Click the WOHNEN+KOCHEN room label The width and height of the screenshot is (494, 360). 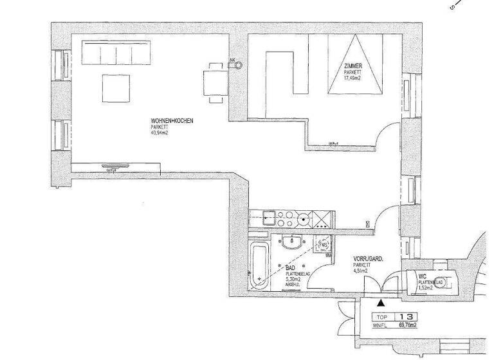[x=170, y=121]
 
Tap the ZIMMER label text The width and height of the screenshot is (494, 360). [x=352, y=66]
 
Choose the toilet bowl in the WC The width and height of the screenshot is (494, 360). [x=448, y=281]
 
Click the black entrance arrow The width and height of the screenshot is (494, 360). [x=381, y=301]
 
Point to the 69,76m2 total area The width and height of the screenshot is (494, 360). [x=407, y=326]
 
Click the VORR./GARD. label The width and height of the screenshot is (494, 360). [x=369, y=258]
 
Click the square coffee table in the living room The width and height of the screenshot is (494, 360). [x=116, y=88]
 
